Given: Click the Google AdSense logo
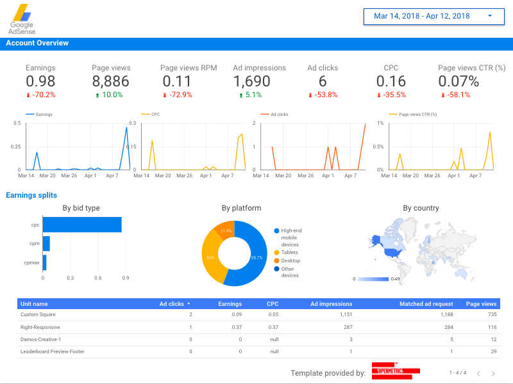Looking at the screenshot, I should click(22, 19).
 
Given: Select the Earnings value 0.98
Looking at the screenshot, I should click(40, 81).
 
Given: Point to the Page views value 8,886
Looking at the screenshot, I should click(110, 81).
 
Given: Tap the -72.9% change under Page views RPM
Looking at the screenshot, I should click(179, 95).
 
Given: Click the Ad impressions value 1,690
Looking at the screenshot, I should click(251, 81).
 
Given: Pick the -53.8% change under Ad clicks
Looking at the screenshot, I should click(323, 95).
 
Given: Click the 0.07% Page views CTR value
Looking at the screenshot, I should click(458, 81).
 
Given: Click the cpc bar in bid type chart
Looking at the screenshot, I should click(82, 225).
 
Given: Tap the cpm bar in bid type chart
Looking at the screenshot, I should click(46, 244).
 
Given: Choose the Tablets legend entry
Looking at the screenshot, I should click(290, 252).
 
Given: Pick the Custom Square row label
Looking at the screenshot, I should click(38, 315).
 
